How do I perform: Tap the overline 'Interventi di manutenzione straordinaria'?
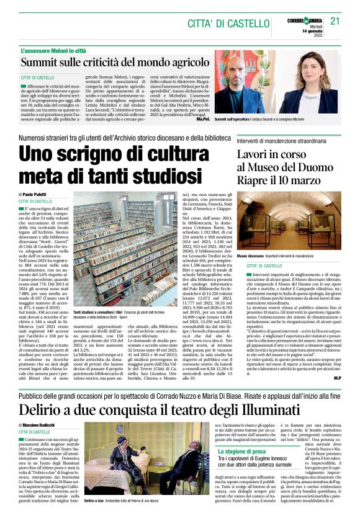pyautogui.click(x=281, y=141)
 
